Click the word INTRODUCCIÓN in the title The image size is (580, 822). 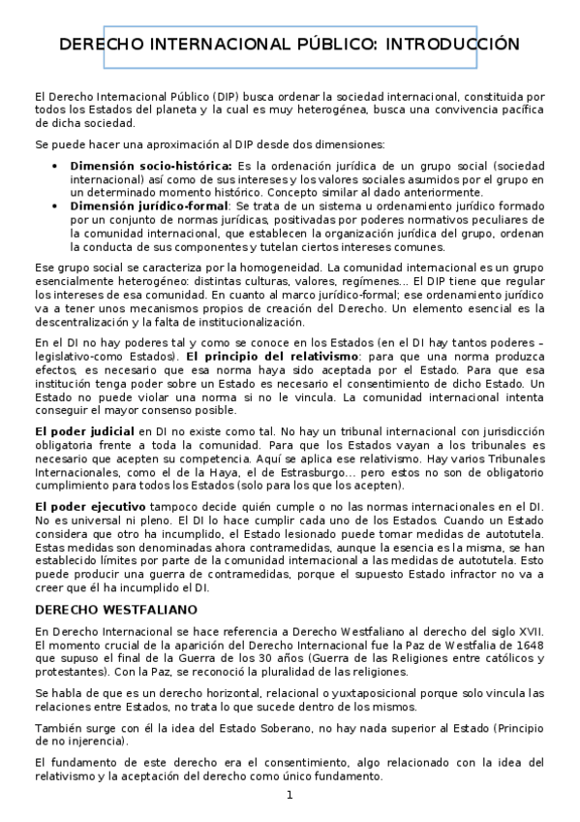(453, 45)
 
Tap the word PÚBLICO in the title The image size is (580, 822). (327, 45)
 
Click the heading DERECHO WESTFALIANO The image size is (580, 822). (115, 610)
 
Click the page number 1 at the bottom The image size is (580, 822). (289, 796)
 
